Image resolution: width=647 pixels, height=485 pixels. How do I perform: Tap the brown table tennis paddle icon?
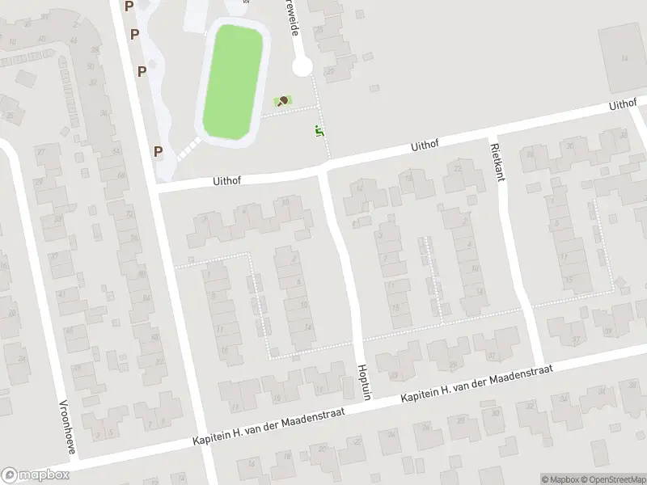(x=283, y=101)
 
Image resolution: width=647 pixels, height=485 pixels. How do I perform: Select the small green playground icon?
(x=319, y=130)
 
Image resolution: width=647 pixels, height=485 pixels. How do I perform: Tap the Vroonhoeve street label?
(x=67, y=425)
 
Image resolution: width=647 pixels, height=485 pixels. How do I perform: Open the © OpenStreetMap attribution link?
(x=612, y=479)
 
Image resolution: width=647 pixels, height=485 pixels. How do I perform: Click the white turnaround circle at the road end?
(x=302, y=66)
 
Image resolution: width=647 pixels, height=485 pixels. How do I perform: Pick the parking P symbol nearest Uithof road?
(x=159, y=150)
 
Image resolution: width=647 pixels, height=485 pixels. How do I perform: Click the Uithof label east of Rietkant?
(x=624, y=105)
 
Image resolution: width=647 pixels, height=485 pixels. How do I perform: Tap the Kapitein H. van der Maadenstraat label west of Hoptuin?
(x=269, y=427)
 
